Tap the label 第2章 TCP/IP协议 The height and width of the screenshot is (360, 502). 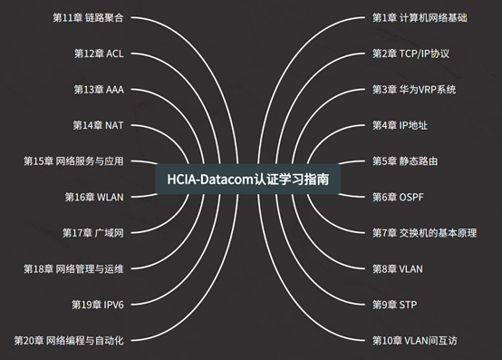pos(410,54)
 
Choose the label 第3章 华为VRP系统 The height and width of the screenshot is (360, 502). pos(414,90)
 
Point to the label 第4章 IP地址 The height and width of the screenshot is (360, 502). pos(401,125)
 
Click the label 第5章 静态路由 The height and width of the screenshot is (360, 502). pos(405,161)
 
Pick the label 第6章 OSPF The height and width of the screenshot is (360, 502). pos(399,197)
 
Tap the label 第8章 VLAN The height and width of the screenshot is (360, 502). pos(398,268)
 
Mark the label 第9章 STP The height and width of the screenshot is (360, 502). pos(394,305)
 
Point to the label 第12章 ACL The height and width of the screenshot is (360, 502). pos(99,54)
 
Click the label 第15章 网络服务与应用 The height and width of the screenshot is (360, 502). pos(73,161)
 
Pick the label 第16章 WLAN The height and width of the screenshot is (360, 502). pos(94,197)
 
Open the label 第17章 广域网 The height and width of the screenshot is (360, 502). pos(92,233)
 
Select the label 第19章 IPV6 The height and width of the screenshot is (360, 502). pos(97,305)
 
